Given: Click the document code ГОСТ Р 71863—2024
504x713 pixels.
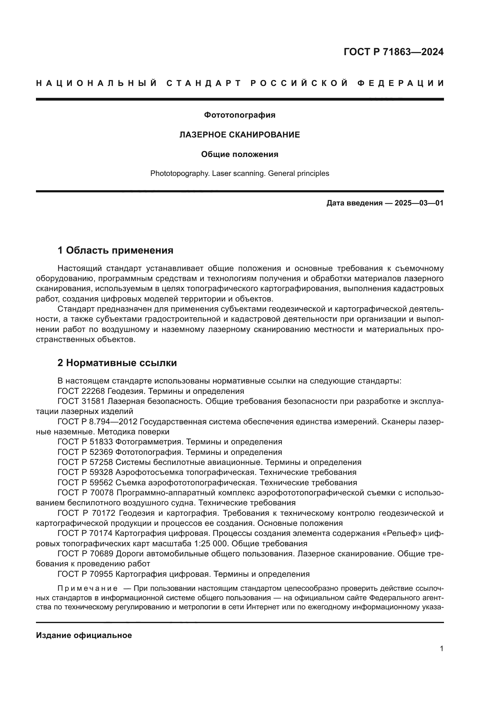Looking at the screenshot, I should click(x=393, y=52).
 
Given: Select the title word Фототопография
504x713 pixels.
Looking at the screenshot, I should click(x=240, y=115).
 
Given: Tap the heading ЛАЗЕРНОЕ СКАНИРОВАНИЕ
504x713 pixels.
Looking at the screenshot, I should click(x=240, y=135).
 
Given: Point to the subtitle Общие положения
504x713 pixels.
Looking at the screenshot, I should click(x=240, y=154).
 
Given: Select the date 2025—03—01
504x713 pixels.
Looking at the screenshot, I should click(x=419, y=203).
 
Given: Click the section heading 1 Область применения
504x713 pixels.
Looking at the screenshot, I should click(x=115, y=250).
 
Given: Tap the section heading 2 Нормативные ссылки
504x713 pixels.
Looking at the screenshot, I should click(x=117, y=363).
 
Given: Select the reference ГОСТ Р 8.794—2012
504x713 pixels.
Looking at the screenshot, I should click(x=97, y=422).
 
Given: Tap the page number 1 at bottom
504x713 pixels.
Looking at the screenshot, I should click(x=441, y=649).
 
